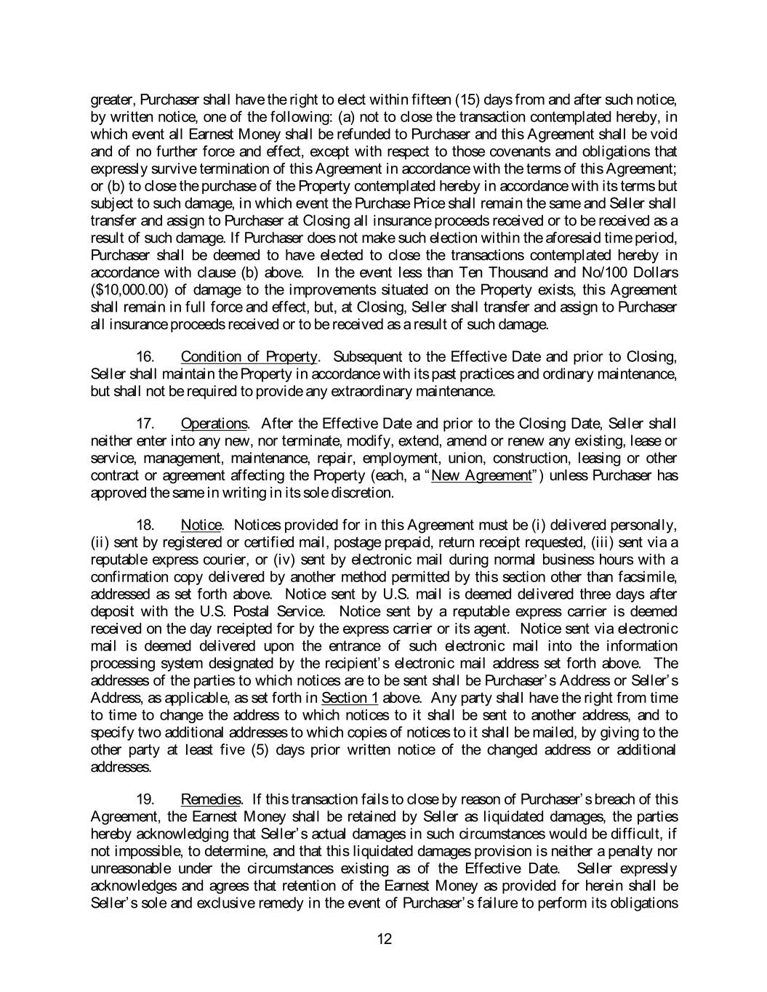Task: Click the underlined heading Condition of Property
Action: (x=249, y=357)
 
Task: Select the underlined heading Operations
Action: (x=214, y=424)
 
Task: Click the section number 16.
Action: (x=146, y=357)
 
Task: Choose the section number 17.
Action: (x=146, y=424)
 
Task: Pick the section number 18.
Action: (x=146, y=525)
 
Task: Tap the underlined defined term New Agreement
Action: (x=481, y=476)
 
